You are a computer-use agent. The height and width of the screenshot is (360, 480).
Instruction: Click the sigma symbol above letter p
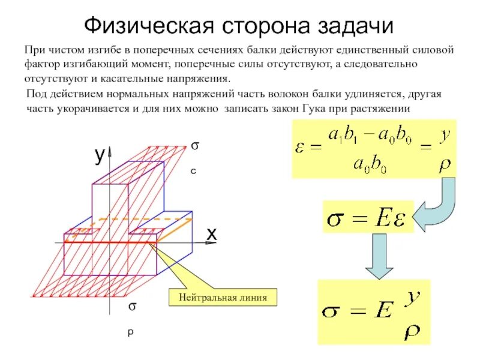(131, 307)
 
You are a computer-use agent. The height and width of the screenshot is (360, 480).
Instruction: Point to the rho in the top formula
(445, 164)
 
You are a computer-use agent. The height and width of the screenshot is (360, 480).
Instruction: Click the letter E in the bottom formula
(385, 311)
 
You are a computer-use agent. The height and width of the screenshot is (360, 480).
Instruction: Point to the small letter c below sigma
(194, 171)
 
